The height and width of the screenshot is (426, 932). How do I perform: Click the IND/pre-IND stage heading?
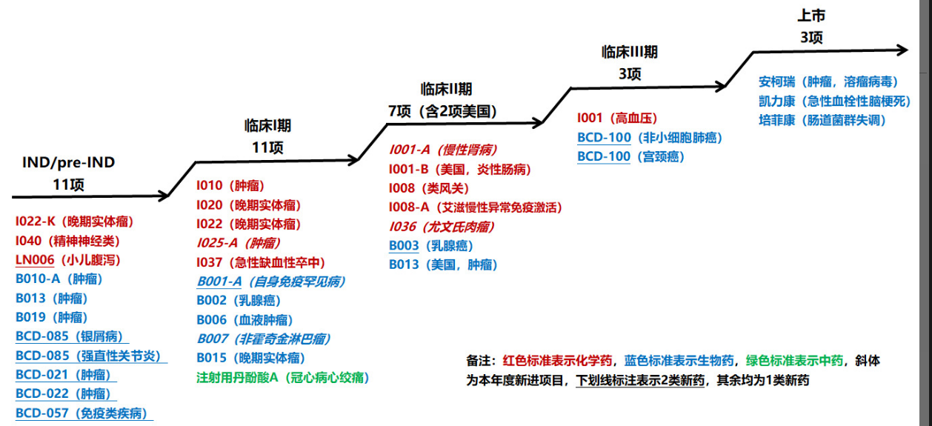click(x=68, y=162)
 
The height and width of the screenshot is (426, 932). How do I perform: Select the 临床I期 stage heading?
click(x=267, y=125)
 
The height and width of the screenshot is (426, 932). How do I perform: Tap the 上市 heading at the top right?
click(x=810, y=16)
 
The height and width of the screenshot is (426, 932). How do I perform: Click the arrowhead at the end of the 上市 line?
click(x=902, y=50)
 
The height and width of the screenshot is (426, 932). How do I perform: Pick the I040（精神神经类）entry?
click(x=67, y=241)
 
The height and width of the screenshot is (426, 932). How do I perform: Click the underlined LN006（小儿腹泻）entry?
click(x=67, y=260)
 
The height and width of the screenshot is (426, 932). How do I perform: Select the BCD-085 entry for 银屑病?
click(x=69, y=336)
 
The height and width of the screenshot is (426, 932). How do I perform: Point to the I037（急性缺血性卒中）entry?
click(x=261, y=262)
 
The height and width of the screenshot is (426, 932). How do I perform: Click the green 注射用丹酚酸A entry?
click(x=282, y=378)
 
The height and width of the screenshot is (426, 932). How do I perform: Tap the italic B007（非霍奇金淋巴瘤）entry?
click(x=263, y=339)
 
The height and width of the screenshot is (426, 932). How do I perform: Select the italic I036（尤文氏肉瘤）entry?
click(x=442, y=227)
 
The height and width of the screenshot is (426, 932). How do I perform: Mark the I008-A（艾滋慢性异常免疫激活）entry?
click(x=475, y=207)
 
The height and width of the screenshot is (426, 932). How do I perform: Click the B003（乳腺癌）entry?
click(x=430, y=246)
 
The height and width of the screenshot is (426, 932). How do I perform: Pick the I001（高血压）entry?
click(x=617, y=118)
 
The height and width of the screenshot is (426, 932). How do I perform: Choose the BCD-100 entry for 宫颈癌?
click(x=630, y=156)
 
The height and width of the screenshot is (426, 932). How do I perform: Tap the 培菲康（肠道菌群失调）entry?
click(x=822, y=120)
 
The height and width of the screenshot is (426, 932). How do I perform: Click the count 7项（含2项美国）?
click(x=442, y=112)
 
